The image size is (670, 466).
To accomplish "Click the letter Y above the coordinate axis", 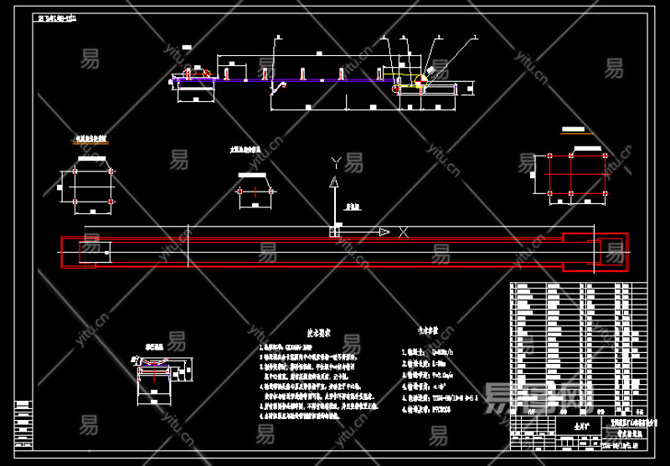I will (x=335, y=161).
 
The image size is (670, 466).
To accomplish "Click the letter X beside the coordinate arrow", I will (x=403, y=232).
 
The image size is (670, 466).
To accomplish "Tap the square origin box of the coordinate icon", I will (x=334, y=232).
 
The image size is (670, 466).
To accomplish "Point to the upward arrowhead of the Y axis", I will (x=334, y=180).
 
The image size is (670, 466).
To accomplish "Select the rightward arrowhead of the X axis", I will (x=384, y=232).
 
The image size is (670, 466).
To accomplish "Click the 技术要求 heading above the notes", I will (x=319, y=332).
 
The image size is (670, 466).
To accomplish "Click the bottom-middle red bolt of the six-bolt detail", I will (x=571, y=201).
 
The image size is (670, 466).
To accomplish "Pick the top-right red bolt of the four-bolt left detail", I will (x=111, y=171).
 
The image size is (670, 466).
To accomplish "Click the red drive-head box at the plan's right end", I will (x=594, y=250).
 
